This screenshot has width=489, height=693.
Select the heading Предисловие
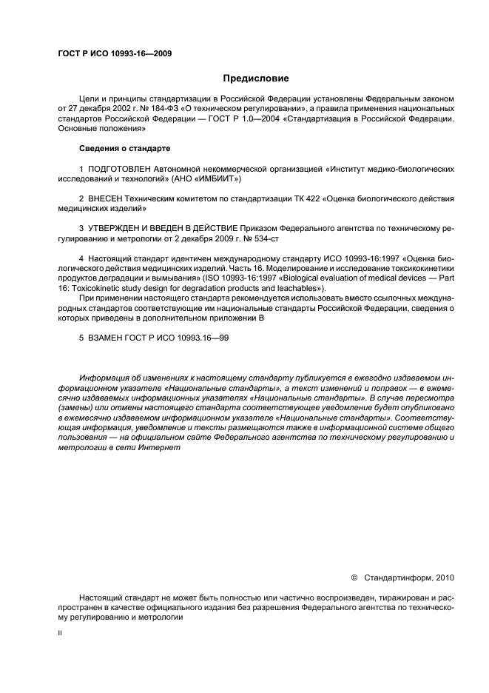point(256,78)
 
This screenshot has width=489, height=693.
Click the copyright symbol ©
point(354,577)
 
